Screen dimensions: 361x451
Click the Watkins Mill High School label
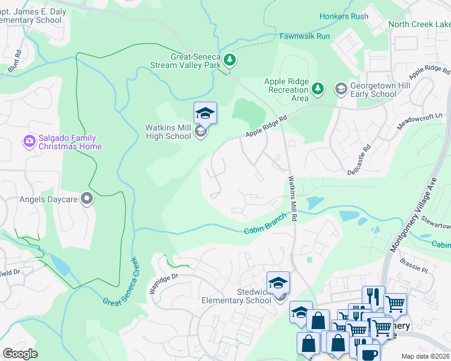tap(168, 132)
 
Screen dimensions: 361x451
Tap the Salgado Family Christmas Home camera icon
tap(29, 141)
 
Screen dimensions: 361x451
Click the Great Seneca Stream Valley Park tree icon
tap(229, 60)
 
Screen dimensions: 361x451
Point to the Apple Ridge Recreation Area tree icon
tap(318, 90)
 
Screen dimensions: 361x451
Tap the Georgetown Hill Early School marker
tap(341, 90)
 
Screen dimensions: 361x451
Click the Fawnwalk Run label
tap(304, 36)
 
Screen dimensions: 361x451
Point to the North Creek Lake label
tap(420, 24)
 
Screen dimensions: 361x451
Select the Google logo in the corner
tap(20, 354)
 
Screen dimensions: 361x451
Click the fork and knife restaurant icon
tap(373, 296)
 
